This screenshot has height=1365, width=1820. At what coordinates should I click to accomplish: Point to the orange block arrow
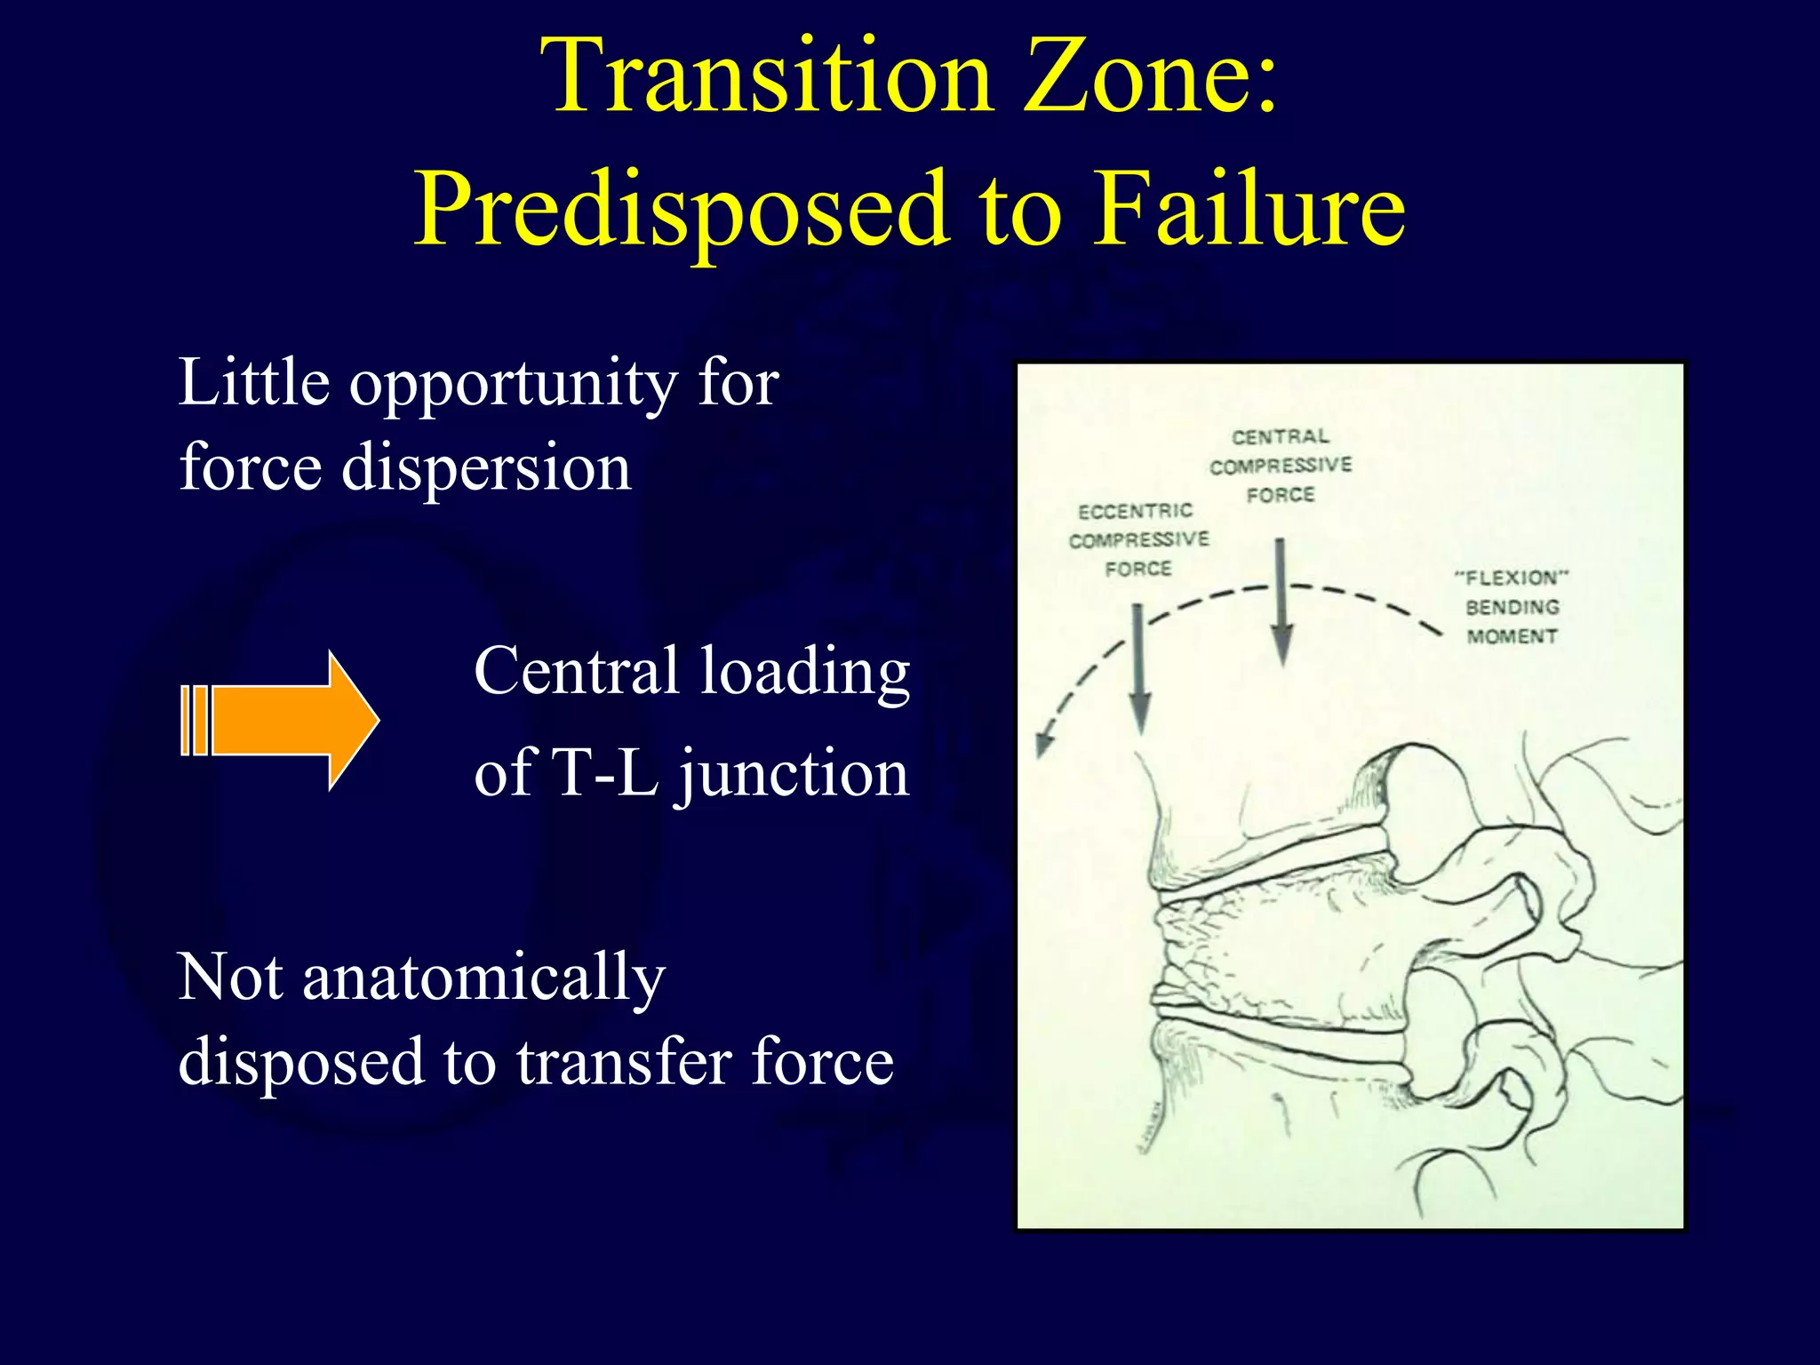281,720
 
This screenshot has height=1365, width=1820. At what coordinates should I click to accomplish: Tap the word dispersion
486,468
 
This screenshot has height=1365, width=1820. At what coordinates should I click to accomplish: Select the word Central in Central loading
577,671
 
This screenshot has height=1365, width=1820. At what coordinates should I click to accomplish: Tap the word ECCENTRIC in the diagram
1135,511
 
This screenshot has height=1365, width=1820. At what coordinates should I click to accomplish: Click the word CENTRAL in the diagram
1280,436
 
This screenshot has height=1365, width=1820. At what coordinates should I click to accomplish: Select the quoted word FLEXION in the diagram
1512,578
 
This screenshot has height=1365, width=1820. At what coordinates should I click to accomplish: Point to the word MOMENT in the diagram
1512,636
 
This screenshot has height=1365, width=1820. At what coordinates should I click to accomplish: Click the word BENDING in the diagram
1512,607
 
